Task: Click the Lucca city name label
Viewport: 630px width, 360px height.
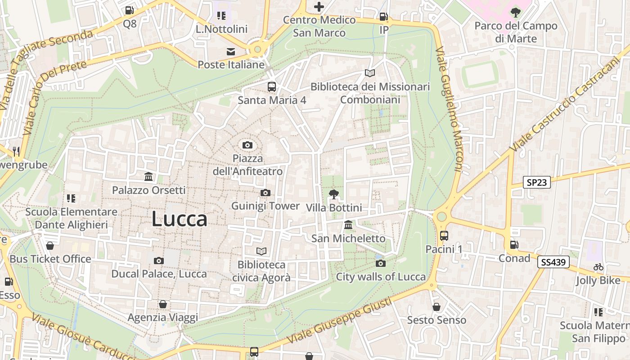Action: tap(179, 219)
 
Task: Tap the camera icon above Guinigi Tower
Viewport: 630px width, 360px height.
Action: tap(265, 193)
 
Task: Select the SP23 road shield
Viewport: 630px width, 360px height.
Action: tap(537, 182)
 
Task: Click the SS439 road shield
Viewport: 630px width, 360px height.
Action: tap(553, 262)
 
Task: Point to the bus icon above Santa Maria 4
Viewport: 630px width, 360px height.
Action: tap(272, 87)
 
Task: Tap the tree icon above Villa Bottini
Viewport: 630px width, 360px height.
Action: tap(333, 194)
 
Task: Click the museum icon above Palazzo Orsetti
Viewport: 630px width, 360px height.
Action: tap(148, 176)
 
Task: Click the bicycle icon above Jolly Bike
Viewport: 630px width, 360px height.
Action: tap(598, 267)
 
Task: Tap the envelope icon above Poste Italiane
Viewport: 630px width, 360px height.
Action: tap(231, 51)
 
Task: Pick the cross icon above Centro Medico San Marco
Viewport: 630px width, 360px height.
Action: tap(319, 7)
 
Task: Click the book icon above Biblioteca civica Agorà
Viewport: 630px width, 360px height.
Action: tap(261, 251)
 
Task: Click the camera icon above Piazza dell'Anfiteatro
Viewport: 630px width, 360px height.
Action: tap(247, 145)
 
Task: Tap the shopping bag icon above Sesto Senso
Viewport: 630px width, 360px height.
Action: tap(436, 307)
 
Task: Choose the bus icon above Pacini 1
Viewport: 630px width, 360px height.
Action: tap(444, 235)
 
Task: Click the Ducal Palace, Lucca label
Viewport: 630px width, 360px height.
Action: tap(159, 274)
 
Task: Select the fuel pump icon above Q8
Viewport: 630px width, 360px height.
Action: tap(130, 10)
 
